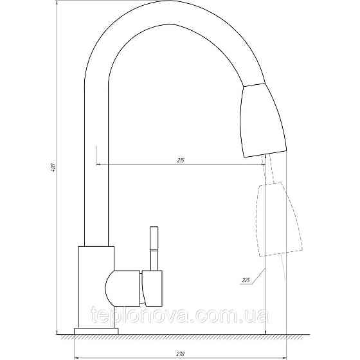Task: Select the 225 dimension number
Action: (x=245, y=280)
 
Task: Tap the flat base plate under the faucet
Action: (x=96, y=330)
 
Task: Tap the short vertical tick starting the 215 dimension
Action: (x=96, y=155)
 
